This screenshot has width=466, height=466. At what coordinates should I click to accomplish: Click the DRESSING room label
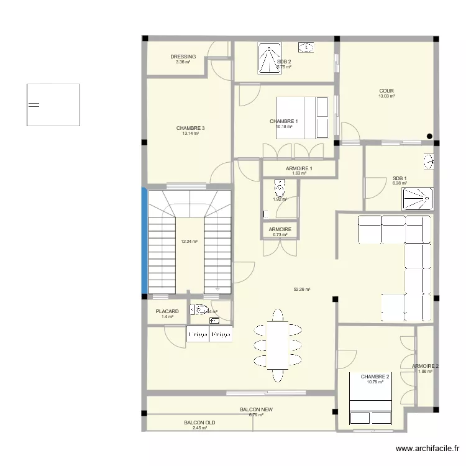(183, 57)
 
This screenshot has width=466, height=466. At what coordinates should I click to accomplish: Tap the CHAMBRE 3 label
(190, 129)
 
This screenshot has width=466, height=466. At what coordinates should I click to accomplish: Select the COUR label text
(386, 91)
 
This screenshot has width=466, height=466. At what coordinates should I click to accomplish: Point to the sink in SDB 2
(306, 47)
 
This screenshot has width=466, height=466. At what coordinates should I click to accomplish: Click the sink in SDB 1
(428, 162)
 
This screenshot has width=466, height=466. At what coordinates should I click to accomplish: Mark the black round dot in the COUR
(429, 137)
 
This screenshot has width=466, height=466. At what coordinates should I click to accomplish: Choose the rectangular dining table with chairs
(276, 345)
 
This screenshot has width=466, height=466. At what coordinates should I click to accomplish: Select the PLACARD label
(167, 311)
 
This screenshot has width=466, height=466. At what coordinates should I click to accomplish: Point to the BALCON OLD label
(199, 423)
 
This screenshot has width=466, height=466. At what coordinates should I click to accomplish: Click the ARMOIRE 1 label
(299, 168)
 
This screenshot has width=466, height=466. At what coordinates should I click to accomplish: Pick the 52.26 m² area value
(302, 289)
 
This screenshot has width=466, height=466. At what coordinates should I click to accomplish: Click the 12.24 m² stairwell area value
(190, 241)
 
